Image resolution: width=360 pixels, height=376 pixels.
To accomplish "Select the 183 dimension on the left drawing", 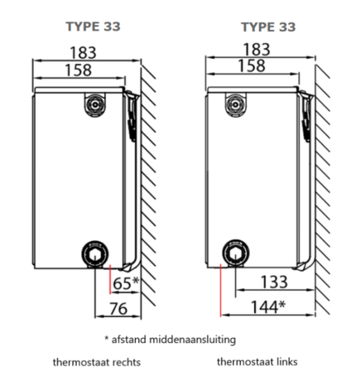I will (81, 53).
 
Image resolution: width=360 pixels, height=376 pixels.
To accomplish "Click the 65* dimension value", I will (125, 283).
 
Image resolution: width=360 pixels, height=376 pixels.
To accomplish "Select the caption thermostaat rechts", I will (93, 363).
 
